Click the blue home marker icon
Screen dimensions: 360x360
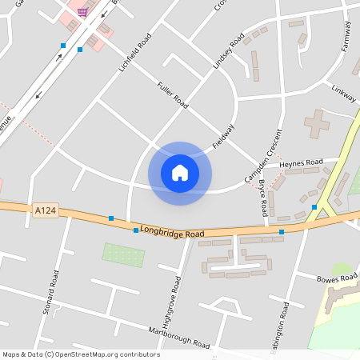pyautogui.click(x=180, y=173)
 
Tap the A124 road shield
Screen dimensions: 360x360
pyautogui.click(x=46, y=210)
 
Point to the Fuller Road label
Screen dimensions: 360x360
pyautogui.click(x=172, y=94)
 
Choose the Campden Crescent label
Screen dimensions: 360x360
pyautogui.click(x=274, y=152)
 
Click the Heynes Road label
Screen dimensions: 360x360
pyautogui.click(x=301, y=162)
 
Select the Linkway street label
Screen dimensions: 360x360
pyautogui.click(x=343, y=94)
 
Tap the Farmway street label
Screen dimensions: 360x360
pyautogui.click(x=346, y=37)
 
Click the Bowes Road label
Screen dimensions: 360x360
pyautogui.click(x=336, y=279)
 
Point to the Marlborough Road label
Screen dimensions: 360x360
pyautogui.click(x=178, y=338)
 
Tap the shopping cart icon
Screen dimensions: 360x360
pyautogui.click(x=82, y=12)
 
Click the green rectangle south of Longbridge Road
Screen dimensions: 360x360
pyautogui.click(x=124, y=255)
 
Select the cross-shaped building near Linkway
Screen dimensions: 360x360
pyautogui.click(x=318, y=123)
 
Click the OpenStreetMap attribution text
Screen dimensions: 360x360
pyautogui.click(x=81, y=354)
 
